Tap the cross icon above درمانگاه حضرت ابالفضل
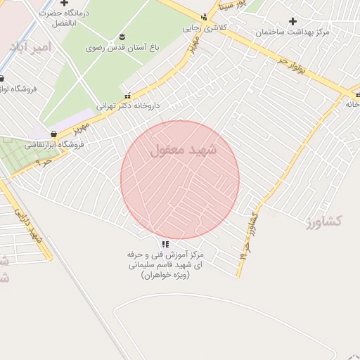(x=64, y=3)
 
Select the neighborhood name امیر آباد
(x=31, y=46)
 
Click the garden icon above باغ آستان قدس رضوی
(x=122, y=36)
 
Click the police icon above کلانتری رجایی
(x=204, y=17)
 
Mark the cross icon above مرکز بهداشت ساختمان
(x=292, y=21)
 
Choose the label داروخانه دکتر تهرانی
(x=128, y=105)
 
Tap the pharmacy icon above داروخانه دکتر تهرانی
(x=127, y=95)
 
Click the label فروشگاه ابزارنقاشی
(x=54, y=145)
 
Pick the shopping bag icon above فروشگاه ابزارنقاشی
(x=54, y=134)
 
